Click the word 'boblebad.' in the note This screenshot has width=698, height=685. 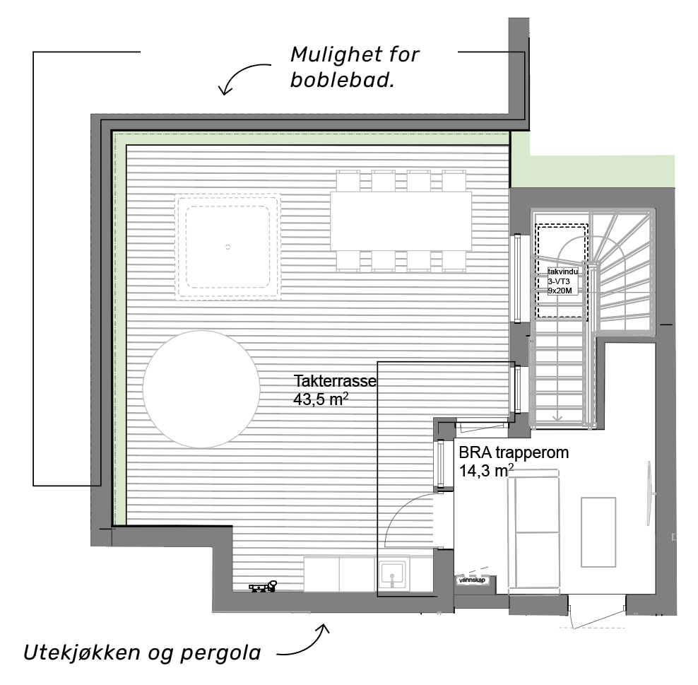coord(343,80)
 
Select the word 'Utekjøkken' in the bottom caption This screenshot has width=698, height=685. coord(81,652)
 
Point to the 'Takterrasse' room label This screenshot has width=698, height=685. coord(335,381)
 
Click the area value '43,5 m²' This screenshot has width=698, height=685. coord(321,399)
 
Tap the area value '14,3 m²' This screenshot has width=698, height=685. coord(486,470)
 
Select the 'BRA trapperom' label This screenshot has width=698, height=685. coord(514,452)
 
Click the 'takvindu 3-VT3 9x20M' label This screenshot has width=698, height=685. coord(562,281)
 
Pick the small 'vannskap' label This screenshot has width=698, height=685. coord(472,580)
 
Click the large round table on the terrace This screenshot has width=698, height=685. coord(201,389)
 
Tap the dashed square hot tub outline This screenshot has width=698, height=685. coord(227,247)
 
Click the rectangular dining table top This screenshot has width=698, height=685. coord(401,221)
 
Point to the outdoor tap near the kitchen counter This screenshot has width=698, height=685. coord(263,587)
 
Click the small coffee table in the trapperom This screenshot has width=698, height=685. coord(598,532)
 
